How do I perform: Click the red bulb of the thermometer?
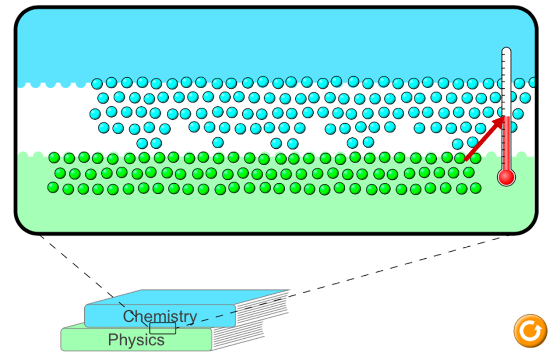(x=506, y=177)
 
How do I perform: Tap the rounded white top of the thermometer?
(x=506, y=51)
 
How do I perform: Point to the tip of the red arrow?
(x=504, y=117)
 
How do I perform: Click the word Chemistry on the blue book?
(x=160, y=316)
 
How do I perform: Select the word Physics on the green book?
(x=136, y=340)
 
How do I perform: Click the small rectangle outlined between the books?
(x=163, y=328)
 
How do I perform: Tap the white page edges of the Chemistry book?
(x=262, y=308)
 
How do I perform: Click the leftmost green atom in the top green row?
(x=54, y=158)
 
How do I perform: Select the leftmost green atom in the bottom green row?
(x=53, y=188)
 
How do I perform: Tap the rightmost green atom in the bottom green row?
(x=475, y=188)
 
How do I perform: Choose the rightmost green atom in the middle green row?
(x=469, y=172)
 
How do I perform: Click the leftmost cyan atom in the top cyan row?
(x=97, y=84)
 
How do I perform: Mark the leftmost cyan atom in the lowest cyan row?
(x=142, y=143)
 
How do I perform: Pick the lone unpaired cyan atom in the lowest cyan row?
(x=218, y=142)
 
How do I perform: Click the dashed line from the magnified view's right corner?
(x=342, y=280)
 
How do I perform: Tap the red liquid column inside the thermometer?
(x=506, y=143)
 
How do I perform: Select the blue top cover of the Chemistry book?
(x=188, y=297)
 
